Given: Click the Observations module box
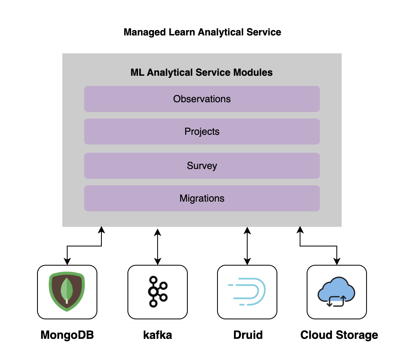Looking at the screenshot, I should tap(202, 99).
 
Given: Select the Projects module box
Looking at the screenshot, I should tap(202, 132).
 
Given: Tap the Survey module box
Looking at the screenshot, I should tap(202, 166).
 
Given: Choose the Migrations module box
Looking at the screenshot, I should tap(202, 198).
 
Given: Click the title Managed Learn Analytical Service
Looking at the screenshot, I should tap(202, 32).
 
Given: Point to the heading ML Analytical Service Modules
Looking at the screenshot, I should tap(202, 73).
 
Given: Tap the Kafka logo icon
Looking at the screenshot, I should tap(158, 292).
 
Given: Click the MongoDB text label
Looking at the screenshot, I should tap(67, 335).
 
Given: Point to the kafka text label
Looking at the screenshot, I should tap(158, 335).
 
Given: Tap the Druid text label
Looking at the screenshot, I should tap(248, 335).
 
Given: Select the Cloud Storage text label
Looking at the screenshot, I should tap(339, 335).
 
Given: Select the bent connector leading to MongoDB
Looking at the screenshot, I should tap(84, 246).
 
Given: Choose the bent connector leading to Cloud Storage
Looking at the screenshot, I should tap(318, 246).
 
